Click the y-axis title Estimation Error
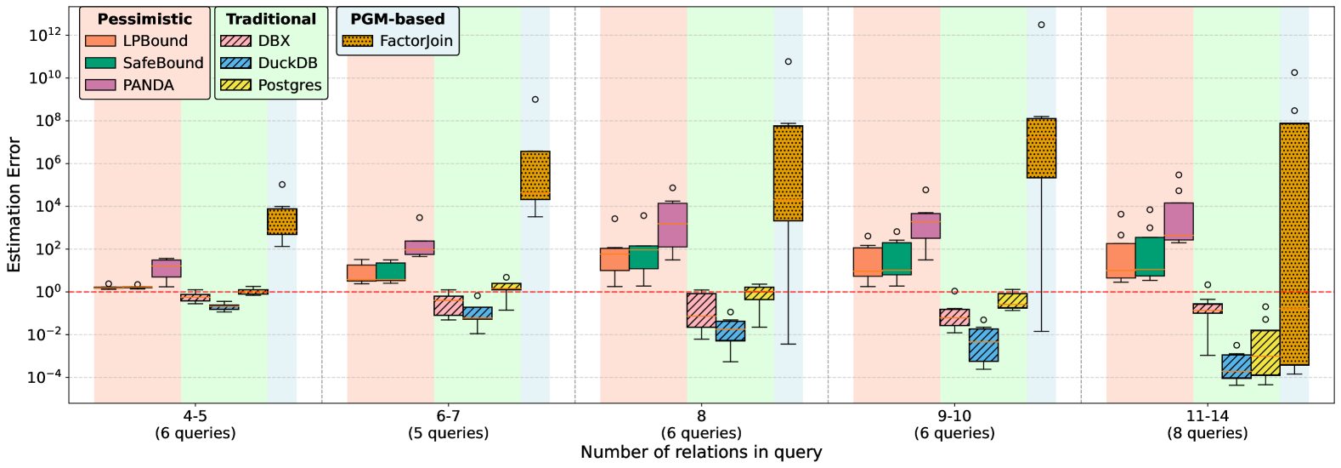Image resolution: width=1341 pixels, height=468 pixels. (14, 204)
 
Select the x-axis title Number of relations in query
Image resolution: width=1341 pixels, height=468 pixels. (701, 453)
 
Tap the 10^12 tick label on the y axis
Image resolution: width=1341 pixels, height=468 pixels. (43, 35)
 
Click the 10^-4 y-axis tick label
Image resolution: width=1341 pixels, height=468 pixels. (43, 378)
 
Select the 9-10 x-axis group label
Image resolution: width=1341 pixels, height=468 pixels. (954, 416)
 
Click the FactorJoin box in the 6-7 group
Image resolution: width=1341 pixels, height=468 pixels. (535, 175)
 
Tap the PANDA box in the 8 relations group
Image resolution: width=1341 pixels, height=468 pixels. (672, 225)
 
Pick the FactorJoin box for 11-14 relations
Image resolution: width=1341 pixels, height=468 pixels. (1294, 244)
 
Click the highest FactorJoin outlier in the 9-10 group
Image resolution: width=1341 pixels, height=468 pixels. (1041, 25)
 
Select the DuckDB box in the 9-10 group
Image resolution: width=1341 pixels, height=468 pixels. (983, 345)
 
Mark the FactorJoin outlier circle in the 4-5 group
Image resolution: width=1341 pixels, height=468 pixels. (282, 185)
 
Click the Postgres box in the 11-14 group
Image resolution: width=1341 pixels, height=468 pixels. (1265, 352)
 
